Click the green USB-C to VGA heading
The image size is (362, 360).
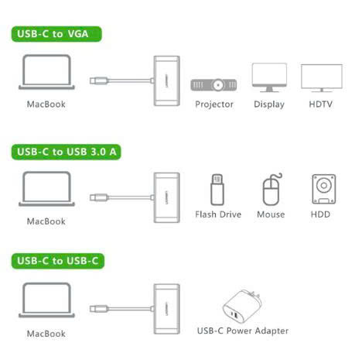pyautogui.click(x=56, y=34)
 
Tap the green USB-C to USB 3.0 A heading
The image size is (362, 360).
pyautogui.click(x=66, y=152)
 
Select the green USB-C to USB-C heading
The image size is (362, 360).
pyautogui.click(x=58, y=261)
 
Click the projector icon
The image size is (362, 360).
pyautogui.click(x=213, y=84)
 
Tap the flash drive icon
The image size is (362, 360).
pyautogui.click(x=217, y=190)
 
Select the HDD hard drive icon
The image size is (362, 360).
pyautogui.click(x=324, y=189)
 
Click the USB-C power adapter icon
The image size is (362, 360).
pyautogui.click(x=242, y=307)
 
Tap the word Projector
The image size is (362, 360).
pyautogui.click(x=214, y=105)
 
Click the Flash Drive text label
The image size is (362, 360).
pyautogui.click(x=218, y=214)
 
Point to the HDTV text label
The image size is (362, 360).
pyautogui.click(x=321, y=104)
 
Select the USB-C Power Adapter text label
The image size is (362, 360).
pyautogui.click(x=243, y=331)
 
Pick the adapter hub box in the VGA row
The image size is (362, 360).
pyautogui.click(x=166, y=81)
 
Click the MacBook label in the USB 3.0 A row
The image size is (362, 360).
pyautogui.click(x=46, y=221)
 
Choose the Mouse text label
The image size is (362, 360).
pyautogui.click(x=271, y=214)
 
